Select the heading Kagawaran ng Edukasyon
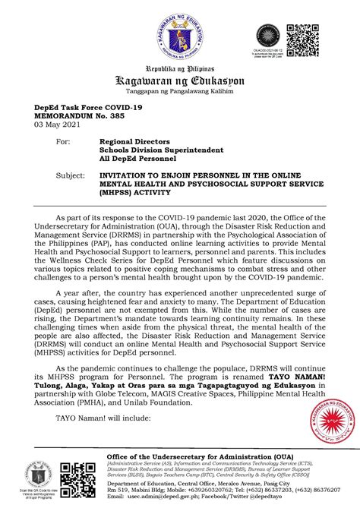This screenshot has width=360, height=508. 179,81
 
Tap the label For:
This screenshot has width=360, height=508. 65,141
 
